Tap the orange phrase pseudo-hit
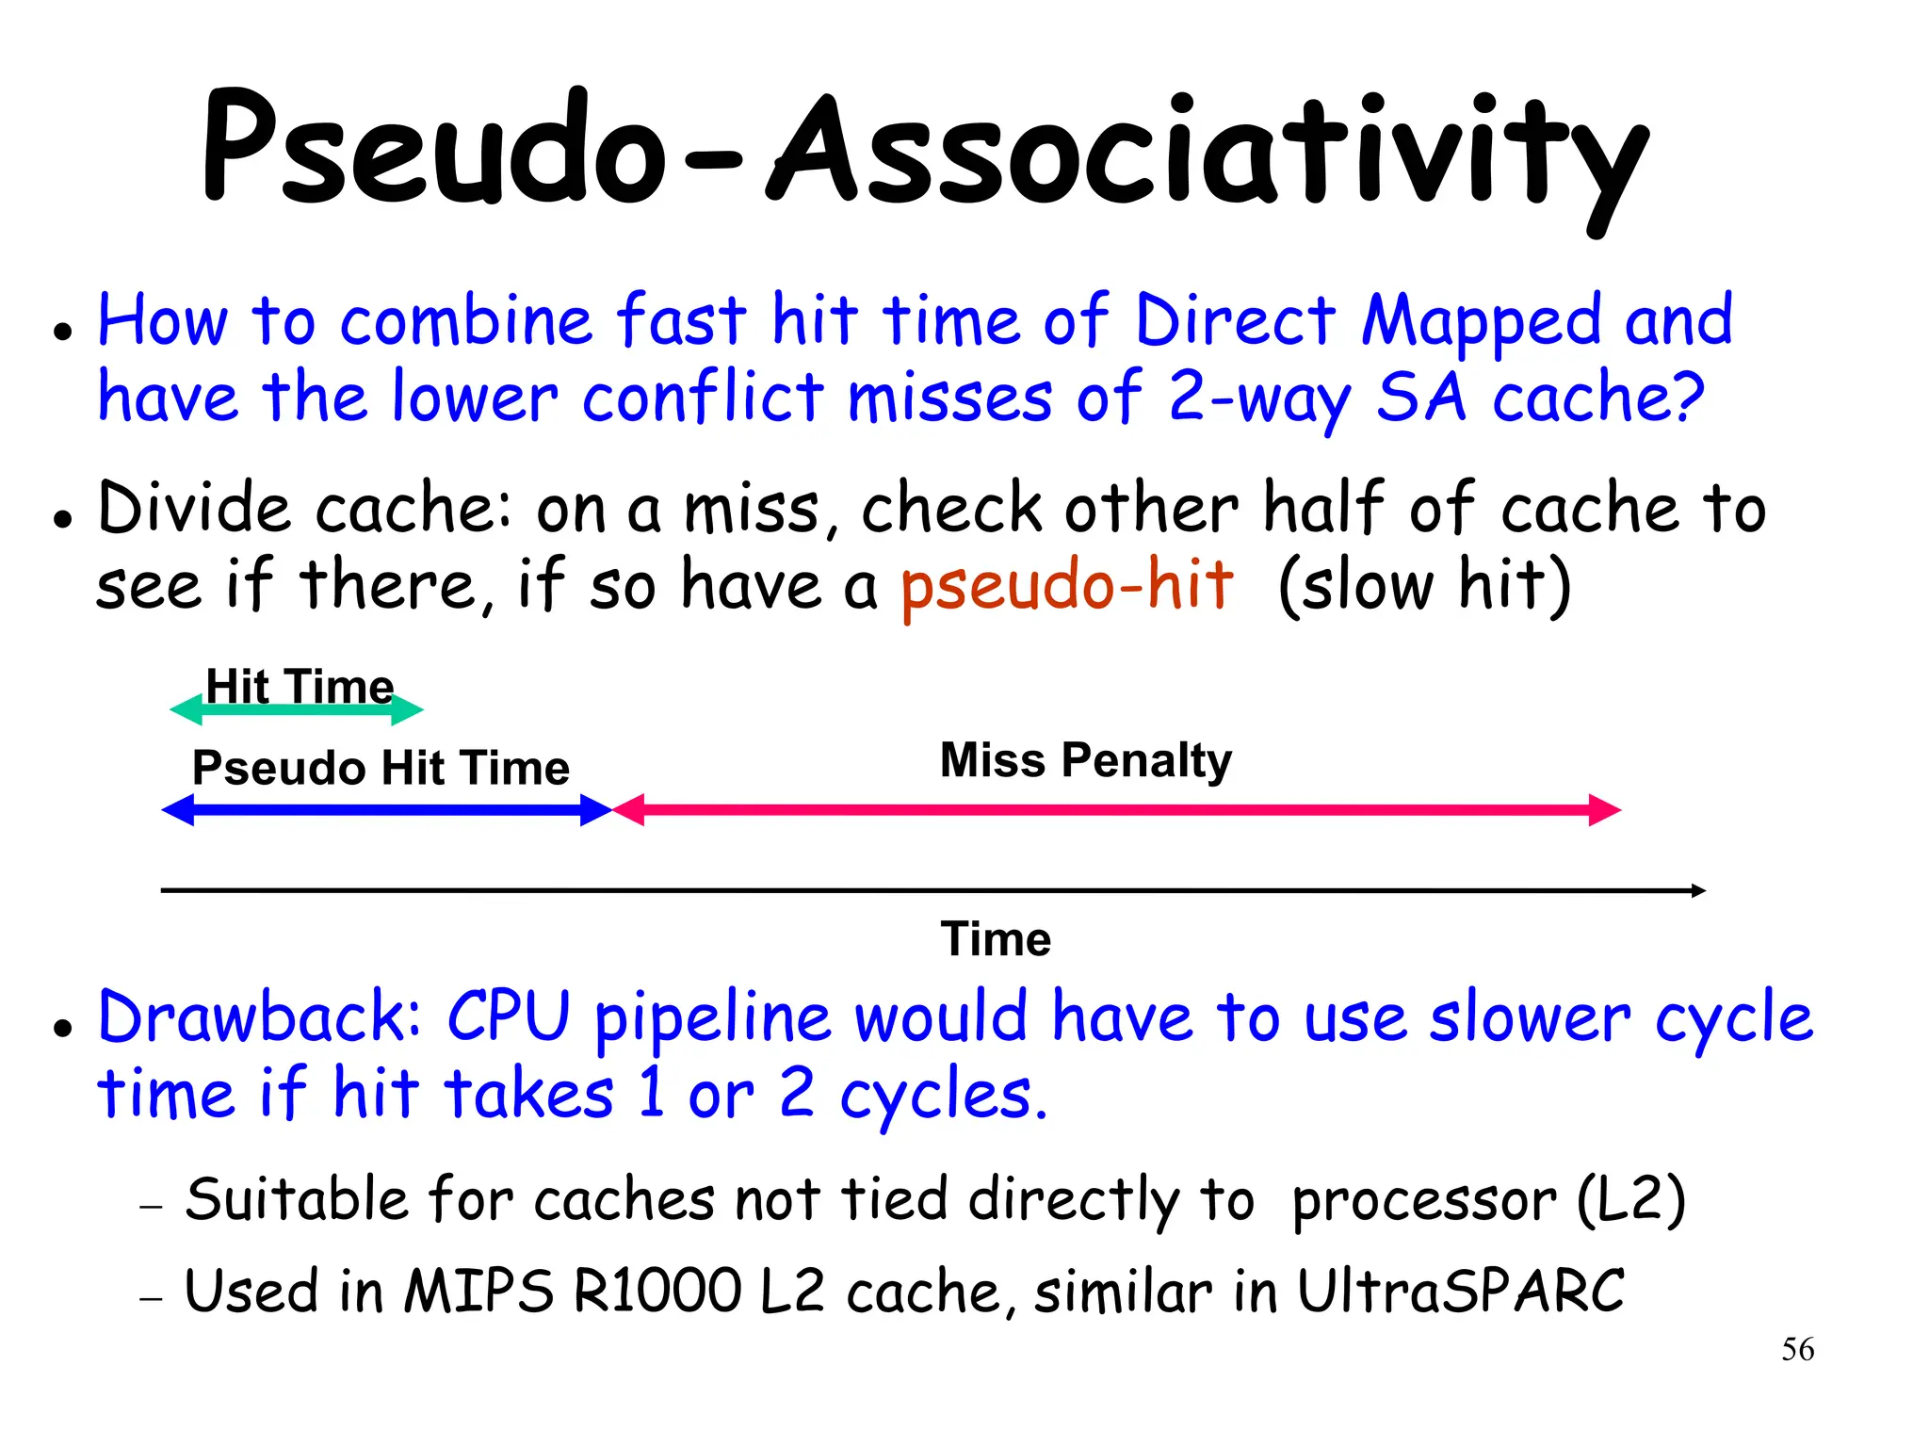1066,586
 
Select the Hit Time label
300,686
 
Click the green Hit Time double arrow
297,710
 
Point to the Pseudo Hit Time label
381,768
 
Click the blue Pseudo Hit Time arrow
386,810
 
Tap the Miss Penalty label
1085,760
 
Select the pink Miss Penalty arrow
1116,810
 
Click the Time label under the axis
996,939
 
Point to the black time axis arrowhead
1698,890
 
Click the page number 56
1797,1349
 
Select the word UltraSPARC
1461,1291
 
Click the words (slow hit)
1424,586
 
